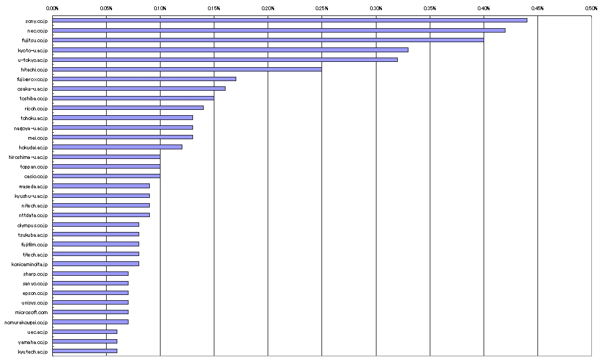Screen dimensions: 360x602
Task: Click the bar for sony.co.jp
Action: [290, 20]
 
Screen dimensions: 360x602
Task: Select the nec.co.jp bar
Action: [279, 30]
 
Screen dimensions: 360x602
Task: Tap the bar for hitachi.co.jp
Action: [187, 69]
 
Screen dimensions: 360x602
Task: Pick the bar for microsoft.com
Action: [90, 312]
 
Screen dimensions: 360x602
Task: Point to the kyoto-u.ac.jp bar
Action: [230, 50]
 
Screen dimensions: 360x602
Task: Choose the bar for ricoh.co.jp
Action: [128, 108]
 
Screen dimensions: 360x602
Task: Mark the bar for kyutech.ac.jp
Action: [85, 351]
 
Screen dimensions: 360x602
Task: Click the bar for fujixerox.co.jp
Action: [144, 79]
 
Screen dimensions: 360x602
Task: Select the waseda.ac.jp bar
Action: [101, 186]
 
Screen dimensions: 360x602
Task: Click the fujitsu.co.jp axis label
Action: [34, 40]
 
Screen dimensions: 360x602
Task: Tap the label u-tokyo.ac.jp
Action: [33, 60]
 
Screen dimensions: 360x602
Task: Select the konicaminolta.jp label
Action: [30, 264]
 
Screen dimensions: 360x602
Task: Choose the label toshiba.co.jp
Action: [34, 99]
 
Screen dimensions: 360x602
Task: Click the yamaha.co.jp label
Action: [34, 342]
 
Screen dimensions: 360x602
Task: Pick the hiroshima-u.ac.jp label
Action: [28, 157]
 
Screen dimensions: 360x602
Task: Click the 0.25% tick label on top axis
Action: [322, 9]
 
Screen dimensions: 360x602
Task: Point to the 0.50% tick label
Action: [591, 9]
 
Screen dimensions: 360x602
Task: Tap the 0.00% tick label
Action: [52, 9]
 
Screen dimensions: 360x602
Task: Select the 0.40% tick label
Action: [484, 9]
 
